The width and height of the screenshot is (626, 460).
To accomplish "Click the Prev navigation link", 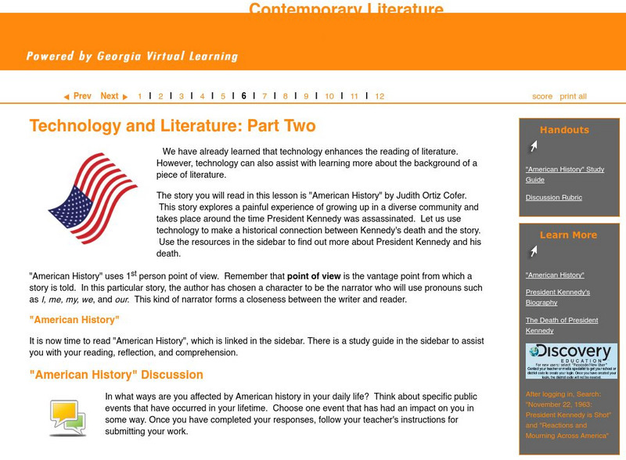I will click(x=77, y=96).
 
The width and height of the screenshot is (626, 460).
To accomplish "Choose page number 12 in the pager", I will click(x=380, y=96).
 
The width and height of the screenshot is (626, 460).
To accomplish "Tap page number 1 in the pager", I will click(x=140, y=96).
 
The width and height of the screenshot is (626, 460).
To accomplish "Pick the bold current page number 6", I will click(x=244, y=96).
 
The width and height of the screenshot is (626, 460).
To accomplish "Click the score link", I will click(x=542, y=96).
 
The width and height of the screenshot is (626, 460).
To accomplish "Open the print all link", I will click(x=573, y=96).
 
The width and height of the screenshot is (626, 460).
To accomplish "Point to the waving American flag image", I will click(x=93, y=198).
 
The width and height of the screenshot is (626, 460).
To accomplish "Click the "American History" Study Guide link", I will click(x=564, y=174).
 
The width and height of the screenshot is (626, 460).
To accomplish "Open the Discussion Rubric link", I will click(x=553, y=197).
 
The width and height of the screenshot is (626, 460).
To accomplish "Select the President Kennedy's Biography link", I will click(x=558, y=297).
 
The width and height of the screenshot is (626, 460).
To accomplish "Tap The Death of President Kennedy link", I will click(x=562, y=325).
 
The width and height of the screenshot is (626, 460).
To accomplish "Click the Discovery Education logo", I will click(x=571, y=361).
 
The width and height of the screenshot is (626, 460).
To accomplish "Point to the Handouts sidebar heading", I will click(x=564, y=130).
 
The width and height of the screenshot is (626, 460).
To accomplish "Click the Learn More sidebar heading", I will click(x=568, y=235).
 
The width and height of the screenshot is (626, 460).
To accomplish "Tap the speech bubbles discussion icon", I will click(x=67, y=417).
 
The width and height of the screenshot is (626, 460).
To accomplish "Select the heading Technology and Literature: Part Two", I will click(x=172, y=126).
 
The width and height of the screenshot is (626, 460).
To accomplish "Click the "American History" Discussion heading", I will click(x=116, y=375).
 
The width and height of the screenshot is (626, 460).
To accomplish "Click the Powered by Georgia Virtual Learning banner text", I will click(x=131, y=56).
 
